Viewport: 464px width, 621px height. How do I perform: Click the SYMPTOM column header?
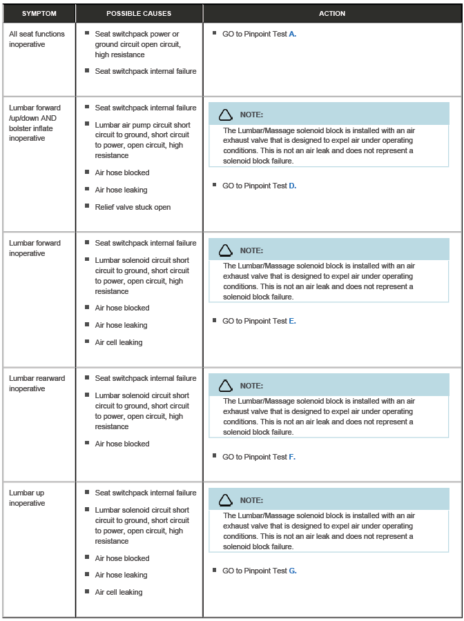tap(39, 14)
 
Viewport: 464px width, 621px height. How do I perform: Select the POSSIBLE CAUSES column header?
tap(139, 14)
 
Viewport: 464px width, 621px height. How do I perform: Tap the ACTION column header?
tap(332, 14)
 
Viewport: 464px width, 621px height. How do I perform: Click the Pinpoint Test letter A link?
tap(293, 34)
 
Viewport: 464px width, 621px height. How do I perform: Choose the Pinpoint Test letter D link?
tap(293, 186)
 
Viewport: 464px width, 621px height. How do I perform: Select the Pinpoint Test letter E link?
tap(293, 322)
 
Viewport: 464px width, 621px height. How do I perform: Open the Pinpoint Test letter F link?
tap(293, 457)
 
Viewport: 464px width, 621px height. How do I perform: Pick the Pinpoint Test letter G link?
tap(293, 571)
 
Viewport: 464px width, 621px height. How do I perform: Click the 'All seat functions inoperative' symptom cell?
tap(37, 39)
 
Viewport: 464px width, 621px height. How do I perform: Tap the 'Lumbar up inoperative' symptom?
tap(28, 498)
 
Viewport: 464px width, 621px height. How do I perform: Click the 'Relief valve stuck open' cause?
tap(133, 208)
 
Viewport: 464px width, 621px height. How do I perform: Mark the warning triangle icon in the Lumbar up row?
tap(226, 500)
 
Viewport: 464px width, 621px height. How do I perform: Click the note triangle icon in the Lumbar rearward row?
tap(226, 386)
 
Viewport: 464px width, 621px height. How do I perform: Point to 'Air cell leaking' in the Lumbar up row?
tap(119, 593)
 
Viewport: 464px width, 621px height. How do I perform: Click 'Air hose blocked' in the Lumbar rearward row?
tap(122, 444)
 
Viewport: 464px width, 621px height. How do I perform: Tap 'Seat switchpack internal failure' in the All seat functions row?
tap(146, 72)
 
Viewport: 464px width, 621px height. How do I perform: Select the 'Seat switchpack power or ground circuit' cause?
tap(137, 44)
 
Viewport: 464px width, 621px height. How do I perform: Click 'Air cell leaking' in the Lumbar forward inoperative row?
tap(119, 343)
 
